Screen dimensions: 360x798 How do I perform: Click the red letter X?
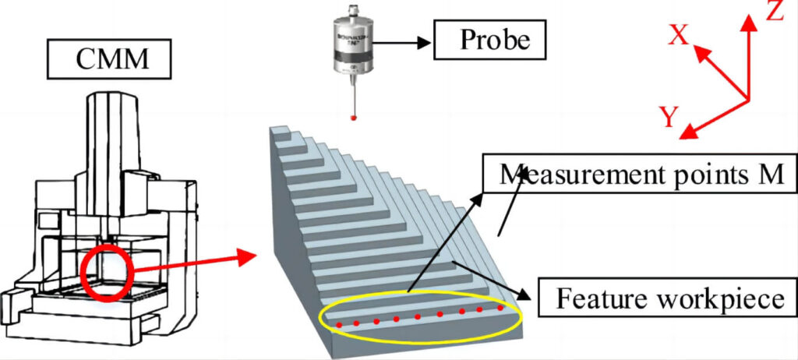point(679,35)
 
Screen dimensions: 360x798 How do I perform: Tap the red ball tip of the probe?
point(355,117)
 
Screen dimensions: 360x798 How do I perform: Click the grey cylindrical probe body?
point(355,51)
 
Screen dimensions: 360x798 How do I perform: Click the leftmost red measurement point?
point(339,323)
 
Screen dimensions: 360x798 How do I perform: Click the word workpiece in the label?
point(711,299)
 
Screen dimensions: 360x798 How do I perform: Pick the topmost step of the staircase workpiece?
point(285,134)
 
